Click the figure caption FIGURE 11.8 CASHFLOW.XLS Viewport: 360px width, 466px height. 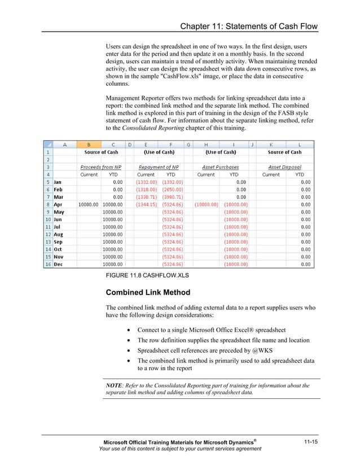[x=147, y=276]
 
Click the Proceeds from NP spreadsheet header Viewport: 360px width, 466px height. [x=100, y=167]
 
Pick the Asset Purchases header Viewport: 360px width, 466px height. [x=221, y=167]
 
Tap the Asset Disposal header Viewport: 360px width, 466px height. [x=284, y=167]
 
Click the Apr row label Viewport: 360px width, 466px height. [x=58, y=204]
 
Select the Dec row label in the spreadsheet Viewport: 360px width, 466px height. [x=58, y=263]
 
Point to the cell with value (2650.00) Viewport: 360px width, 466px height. [x=173, y=190]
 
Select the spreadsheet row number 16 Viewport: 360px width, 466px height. [x=48, y=263]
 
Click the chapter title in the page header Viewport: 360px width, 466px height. [x=248, y=27]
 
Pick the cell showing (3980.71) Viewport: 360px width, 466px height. [x=173, y=197]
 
